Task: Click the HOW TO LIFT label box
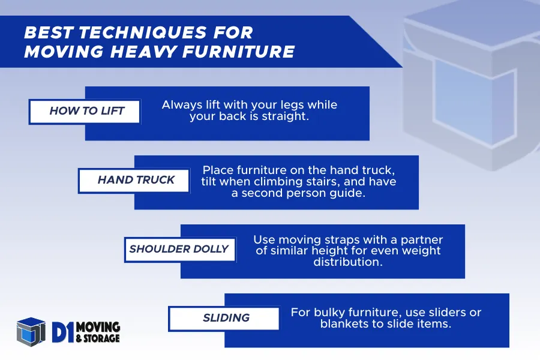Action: tap(85, 111)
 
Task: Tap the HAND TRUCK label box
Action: tap(134, 180)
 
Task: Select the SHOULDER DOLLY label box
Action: tap(180, 250)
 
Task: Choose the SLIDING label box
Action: tap(224, 319)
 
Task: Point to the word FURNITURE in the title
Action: tap(238, 52)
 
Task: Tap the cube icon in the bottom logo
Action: tap(31, 332)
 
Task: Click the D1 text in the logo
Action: tap(63, 332)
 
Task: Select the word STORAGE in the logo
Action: tap(101, 338)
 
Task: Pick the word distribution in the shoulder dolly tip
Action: tap(348, 262)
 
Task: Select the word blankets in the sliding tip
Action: tap(345, 324)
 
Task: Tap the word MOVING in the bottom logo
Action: tap(98, 327)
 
